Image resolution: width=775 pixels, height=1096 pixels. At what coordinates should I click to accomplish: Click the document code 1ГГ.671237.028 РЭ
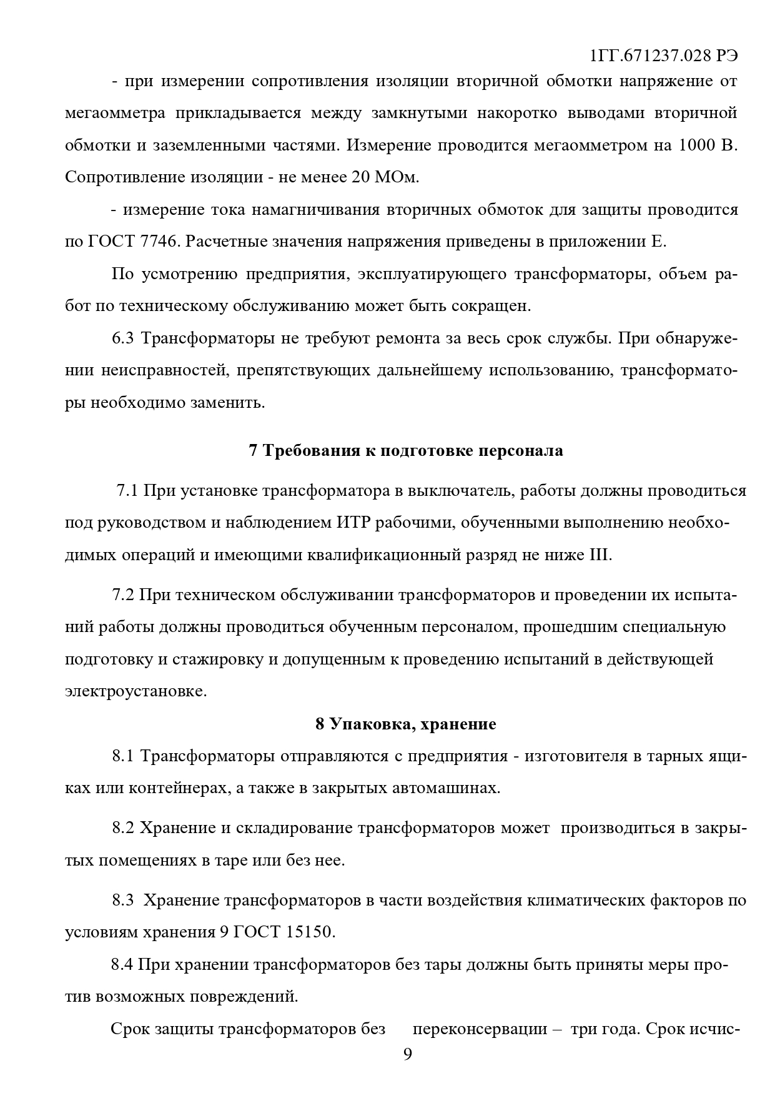click(664, 56)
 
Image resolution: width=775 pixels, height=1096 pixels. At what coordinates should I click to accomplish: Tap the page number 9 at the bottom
click(408, 1054)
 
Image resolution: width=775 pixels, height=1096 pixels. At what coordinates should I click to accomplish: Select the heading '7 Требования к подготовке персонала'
click(406, 451)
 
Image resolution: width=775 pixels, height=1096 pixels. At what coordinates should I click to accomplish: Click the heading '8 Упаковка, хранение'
click(406, 724)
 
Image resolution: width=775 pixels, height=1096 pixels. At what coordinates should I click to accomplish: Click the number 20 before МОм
click(363, 177)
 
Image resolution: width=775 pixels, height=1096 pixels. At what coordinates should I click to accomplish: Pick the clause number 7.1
click(127, 490)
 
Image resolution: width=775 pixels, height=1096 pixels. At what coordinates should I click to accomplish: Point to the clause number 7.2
click(123, 595)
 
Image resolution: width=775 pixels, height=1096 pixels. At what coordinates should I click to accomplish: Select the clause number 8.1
click(123, 756)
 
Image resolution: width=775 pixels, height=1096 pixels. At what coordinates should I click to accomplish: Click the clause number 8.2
click(123, 828)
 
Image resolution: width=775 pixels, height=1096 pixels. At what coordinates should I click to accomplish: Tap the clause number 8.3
click(123, 900)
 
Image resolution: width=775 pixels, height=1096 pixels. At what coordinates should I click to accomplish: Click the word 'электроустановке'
click(135, 692)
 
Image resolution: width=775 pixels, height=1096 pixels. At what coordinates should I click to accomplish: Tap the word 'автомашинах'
click(445, 788)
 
